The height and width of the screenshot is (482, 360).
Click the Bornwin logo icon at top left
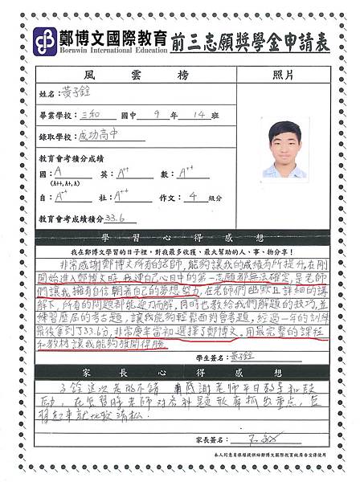tap(42, 40)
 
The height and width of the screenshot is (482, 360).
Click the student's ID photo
tap(285, 149)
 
